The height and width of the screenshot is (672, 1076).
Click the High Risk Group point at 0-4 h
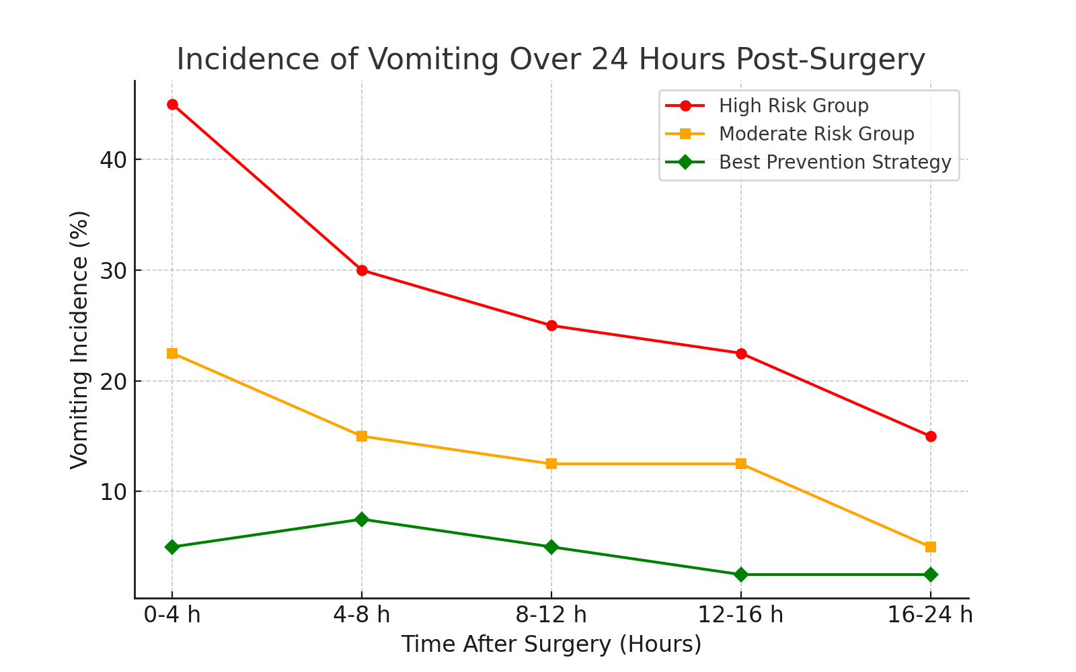click(x=172, y=105)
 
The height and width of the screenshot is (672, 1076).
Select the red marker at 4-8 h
click(x=362, y=270)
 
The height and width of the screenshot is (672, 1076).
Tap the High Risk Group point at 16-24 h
click(x=931, y=436)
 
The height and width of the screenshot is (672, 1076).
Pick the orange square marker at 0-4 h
click(x=172, y=353)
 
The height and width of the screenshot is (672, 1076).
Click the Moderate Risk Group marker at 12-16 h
click(x=741, y=464)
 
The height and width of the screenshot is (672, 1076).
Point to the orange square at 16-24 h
click(x=931, y=547)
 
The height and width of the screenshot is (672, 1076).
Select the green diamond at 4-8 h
click(x=362, y=519)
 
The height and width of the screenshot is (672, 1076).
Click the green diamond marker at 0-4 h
click(x=172, y=547)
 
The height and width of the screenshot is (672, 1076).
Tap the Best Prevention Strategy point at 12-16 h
click(x=741, y=575)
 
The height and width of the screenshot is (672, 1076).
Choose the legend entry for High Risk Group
click(x=794, y=106)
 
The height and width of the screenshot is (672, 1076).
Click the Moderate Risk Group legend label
click(x=816, y=134)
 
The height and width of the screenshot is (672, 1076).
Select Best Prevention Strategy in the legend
click(x=835, y=163)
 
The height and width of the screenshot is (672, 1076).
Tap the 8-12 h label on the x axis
click(x=551, y=614)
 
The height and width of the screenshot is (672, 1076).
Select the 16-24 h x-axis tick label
click(x=931, y=614)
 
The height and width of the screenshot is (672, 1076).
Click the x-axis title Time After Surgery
click(x=551, y=644)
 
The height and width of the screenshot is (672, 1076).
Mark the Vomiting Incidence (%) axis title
click(x=79, y=339)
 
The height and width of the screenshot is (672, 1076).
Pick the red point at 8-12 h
click(x=551, y=326)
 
